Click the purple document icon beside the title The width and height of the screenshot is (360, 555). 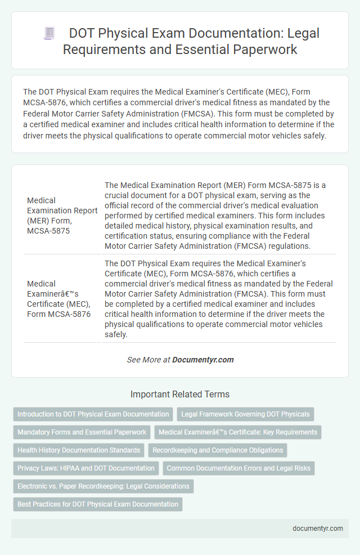coord(49,34)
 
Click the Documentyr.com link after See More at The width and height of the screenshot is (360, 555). coord(202,360)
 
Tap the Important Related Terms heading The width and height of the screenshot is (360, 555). coord(180,394)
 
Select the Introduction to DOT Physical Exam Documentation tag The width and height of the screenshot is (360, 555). coord(93,414)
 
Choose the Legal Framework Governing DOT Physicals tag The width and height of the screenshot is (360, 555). coord(245,414)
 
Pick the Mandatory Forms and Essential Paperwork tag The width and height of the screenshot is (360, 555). coord(82,432)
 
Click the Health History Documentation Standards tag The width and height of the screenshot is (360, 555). coord(79,450)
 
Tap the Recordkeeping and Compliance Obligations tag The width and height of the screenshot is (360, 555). coord(218,450)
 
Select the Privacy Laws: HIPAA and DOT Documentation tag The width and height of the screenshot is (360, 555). coord(86,468)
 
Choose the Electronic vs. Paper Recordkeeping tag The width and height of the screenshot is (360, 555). coord(103,486)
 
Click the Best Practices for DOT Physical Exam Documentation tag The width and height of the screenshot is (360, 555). coord(98,504)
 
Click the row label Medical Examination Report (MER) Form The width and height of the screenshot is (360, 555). coord(62,216)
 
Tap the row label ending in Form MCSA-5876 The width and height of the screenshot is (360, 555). coord(58,299)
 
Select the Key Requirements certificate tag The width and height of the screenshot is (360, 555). coord(238,432)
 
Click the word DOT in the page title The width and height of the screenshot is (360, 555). coord(80,34)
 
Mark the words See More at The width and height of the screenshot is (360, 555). coord(148,360)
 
